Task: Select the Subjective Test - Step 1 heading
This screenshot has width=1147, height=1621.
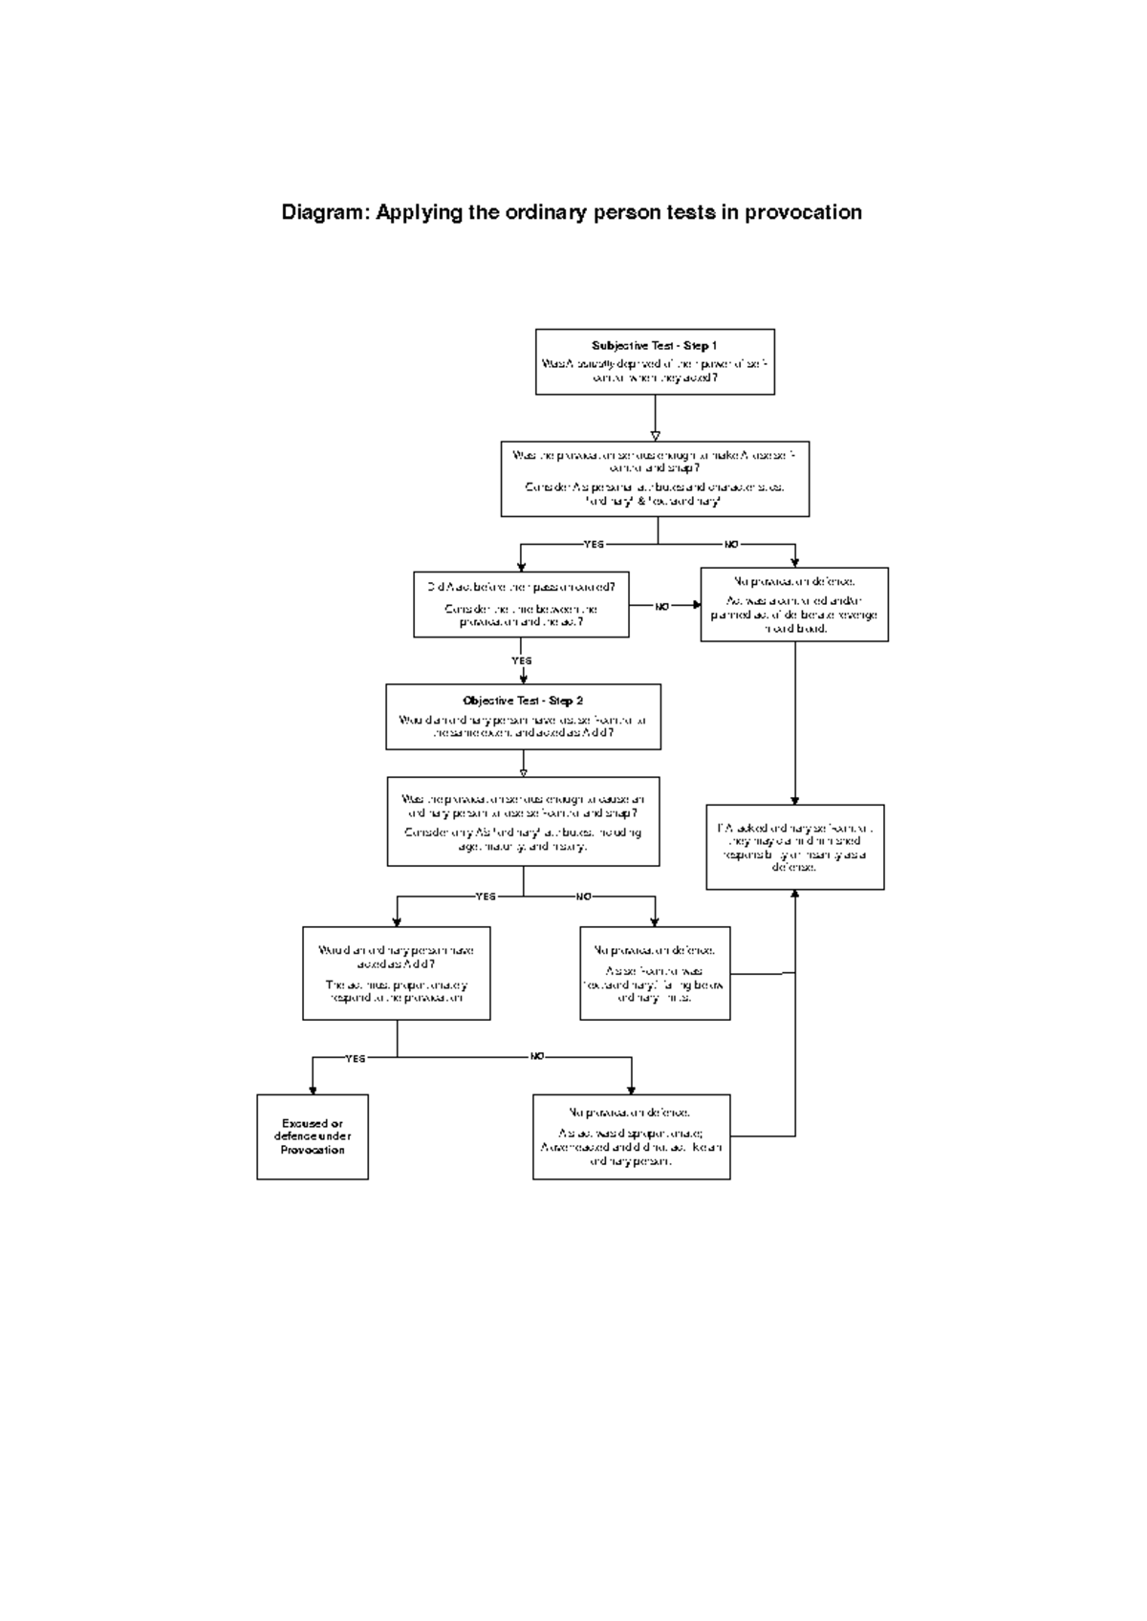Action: (x=654, y=346)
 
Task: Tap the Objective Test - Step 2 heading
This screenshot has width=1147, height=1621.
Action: (x=523, y=701)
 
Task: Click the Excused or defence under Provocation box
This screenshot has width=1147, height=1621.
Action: (x=313, y=1136)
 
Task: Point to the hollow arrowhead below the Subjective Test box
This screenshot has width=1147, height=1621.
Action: (x=655, y=436)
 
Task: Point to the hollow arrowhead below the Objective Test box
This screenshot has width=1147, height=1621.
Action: (x=523, y=771)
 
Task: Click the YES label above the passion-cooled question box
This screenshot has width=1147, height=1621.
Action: (x=594, y=544)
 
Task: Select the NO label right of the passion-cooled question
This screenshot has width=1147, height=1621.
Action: (x=661, y=606)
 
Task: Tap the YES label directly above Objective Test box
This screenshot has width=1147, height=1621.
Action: (x=521, y=660)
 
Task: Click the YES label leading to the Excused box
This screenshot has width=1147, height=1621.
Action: (x=355, y=1058)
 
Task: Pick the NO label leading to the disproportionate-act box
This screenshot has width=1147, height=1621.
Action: (x=537, y=1056)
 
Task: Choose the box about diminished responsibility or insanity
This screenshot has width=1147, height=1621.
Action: (x=795, y=848)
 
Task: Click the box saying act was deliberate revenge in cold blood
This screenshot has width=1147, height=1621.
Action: (x=794, y=604)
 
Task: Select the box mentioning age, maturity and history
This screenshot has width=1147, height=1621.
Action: (x=523, y=821)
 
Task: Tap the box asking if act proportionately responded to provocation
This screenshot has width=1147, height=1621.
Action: (x=396, y=973)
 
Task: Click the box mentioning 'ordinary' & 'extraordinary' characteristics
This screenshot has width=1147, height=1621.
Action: (x=655, y=478)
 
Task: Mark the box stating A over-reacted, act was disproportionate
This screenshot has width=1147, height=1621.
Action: (x=631, y=1136)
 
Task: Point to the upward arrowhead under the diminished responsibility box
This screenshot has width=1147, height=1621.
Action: (x=795, y=895)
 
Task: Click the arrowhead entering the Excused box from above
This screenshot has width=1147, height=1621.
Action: (x=313, y=1090)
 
